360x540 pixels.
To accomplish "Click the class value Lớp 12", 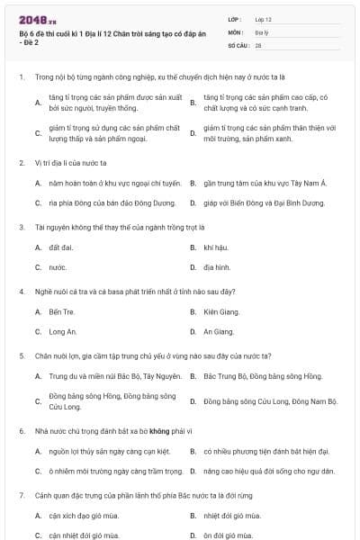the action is (263, 19).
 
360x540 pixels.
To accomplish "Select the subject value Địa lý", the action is (262, 31).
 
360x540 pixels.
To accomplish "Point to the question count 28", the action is (258, 44).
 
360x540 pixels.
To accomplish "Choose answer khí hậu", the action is (215, 247).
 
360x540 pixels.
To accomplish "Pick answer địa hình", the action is (216, 267).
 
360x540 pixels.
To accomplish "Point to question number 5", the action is (21, 355).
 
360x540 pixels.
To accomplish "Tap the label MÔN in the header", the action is (235, 31).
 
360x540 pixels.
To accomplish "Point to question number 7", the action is (21, 495).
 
